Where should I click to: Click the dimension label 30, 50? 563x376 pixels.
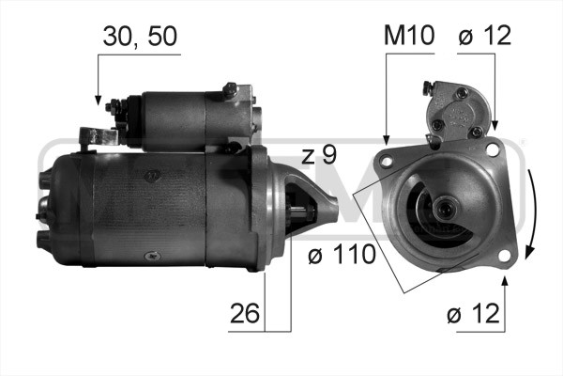point(140,37)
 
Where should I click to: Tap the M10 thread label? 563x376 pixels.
point(409,36)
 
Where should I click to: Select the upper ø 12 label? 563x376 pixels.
point(484,36)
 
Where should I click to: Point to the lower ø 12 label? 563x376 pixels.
point(473,313)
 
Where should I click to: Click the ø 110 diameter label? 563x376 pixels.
point(342,254)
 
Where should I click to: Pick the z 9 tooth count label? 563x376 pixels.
point(319,155)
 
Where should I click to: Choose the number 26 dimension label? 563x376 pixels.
point(244,313)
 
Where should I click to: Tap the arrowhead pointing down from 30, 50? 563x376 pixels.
point(98,101)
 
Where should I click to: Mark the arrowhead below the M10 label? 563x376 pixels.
point(387,140)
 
